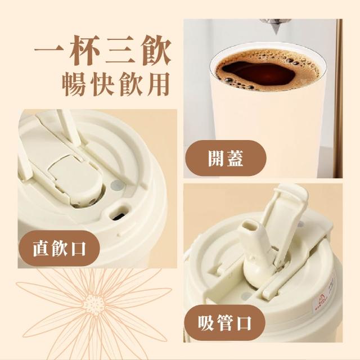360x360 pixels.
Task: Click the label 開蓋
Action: pos(225,159)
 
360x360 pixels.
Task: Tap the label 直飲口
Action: pos(59,248)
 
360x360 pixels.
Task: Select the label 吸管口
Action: pos(224,323)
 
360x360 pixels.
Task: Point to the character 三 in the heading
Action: pos(120,51)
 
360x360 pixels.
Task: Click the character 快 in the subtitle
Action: pos(102,84)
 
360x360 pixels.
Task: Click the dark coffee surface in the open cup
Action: pos(258,73)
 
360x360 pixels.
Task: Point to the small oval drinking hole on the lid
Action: pos(119,212)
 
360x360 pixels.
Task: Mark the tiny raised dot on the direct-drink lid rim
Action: pos(119,235)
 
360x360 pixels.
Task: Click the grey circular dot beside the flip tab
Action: pos(118,185)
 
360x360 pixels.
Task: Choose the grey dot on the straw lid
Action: pos(247,296)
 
